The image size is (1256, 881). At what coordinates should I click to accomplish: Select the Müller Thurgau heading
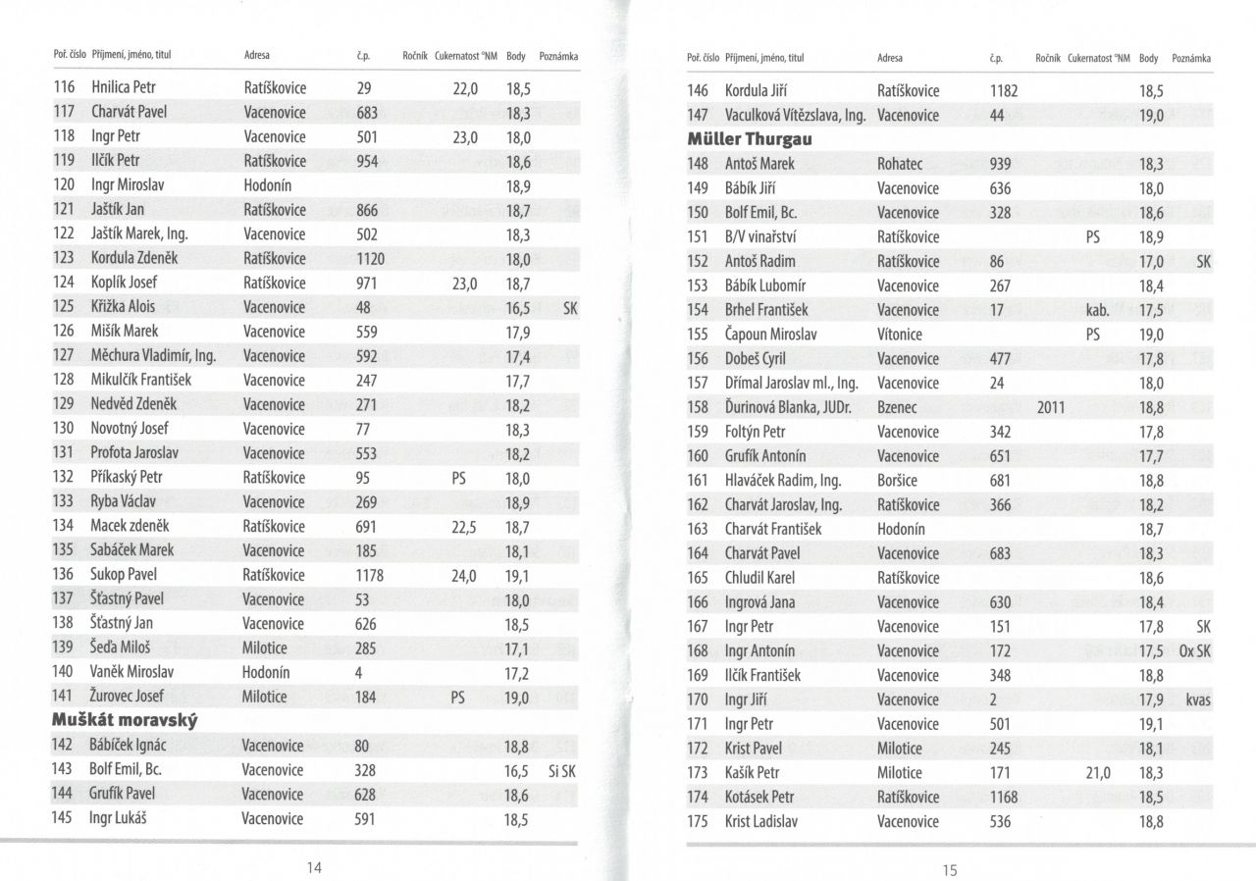[x=750, y=139]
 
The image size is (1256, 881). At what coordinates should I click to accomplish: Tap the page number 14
[x=315, y=867]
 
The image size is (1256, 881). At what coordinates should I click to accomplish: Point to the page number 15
[x=949, y=869]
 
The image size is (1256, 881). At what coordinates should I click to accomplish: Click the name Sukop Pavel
[x=124, y=575]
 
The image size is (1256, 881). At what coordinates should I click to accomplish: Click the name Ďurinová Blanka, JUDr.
[x=793, y=407]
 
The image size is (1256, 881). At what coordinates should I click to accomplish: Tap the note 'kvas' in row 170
[x=1198, y=700]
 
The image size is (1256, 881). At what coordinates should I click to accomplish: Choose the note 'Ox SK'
[x=1195, y=651]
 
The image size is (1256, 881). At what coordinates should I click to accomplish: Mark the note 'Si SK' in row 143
[x=561, y=770]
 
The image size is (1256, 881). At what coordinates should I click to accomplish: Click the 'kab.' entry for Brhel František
[x=1097, y=310]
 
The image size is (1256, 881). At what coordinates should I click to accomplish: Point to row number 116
[x=64, y=87]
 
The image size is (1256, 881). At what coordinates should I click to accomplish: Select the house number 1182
[x=1004, y=91]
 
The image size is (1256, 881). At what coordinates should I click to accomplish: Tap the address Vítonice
[x=900, y=335]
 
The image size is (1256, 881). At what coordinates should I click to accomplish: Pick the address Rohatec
[x=900, y=164]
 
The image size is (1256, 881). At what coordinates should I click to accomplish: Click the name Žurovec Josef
[x=128, y=697]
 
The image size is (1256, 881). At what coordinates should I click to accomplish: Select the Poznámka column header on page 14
[x=558, y=56]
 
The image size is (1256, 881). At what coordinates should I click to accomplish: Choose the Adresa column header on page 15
[x=889, y=59]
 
